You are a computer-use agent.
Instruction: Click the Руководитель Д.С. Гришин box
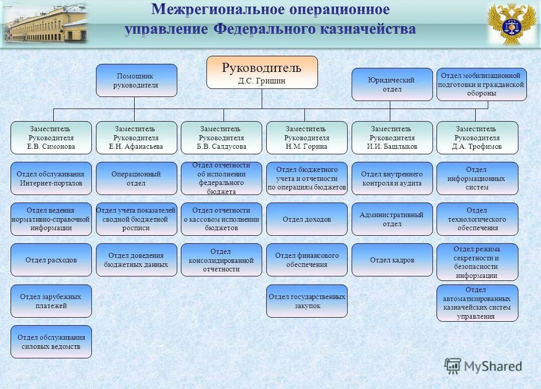click(x=262, y=72)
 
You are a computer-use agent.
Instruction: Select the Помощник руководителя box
click(x=137, y=80)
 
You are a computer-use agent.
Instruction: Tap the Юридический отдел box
click(x=392, y=84)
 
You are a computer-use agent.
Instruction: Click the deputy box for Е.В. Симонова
click(x=51, y=138)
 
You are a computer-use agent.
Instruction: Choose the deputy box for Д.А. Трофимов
click(x=477, y=138)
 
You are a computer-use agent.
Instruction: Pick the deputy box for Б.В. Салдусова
click(x=222, y=138)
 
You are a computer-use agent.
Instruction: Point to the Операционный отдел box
click(x=137, y=178)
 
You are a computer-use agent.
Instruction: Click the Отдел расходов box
click(x=51, y=260)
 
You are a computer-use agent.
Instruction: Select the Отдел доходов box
click(x=307, y=219)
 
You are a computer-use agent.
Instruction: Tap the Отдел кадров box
click(x=392, y=260)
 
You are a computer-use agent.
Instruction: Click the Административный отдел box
click(x=392, y=219)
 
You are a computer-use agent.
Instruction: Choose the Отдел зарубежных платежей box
click(x=51, y=301)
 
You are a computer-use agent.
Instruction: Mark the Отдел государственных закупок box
click(x=307, y=301)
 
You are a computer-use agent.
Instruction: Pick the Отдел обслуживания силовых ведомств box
click(x=51, y=342)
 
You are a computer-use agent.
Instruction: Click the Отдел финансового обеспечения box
click(x=307, y=260)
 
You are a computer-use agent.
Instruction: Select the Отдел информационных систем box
click(x=477, y=178)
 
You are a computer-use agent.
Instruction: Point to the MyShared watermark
click(x=483, y=366)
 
